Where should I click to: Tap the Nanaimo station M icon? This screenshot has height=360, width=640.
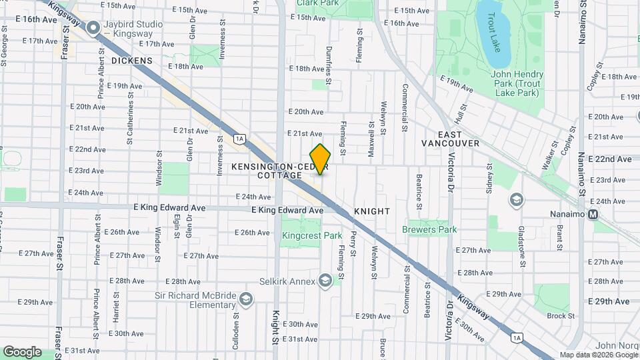(593, 215)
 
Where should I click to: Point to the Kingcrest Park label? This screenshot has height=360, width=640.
(312, 235)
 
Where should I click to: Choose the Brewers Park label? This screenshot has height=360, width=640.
(429, 230)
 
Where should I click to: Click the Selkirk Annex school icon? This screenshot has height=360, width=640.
(325, 281)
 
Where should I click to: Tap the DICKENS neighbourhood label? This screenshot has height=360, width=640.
(132, 61)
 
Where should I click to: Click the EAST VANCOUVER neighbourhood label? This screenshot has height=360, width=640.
(450, 138)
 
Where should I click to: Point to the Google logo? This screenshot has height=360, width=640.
(22, 351)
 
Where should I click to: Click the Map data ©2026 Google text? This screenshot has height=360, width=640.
(598, 355)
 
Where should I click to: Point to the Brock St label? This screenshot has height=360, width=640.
(561, 316)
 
